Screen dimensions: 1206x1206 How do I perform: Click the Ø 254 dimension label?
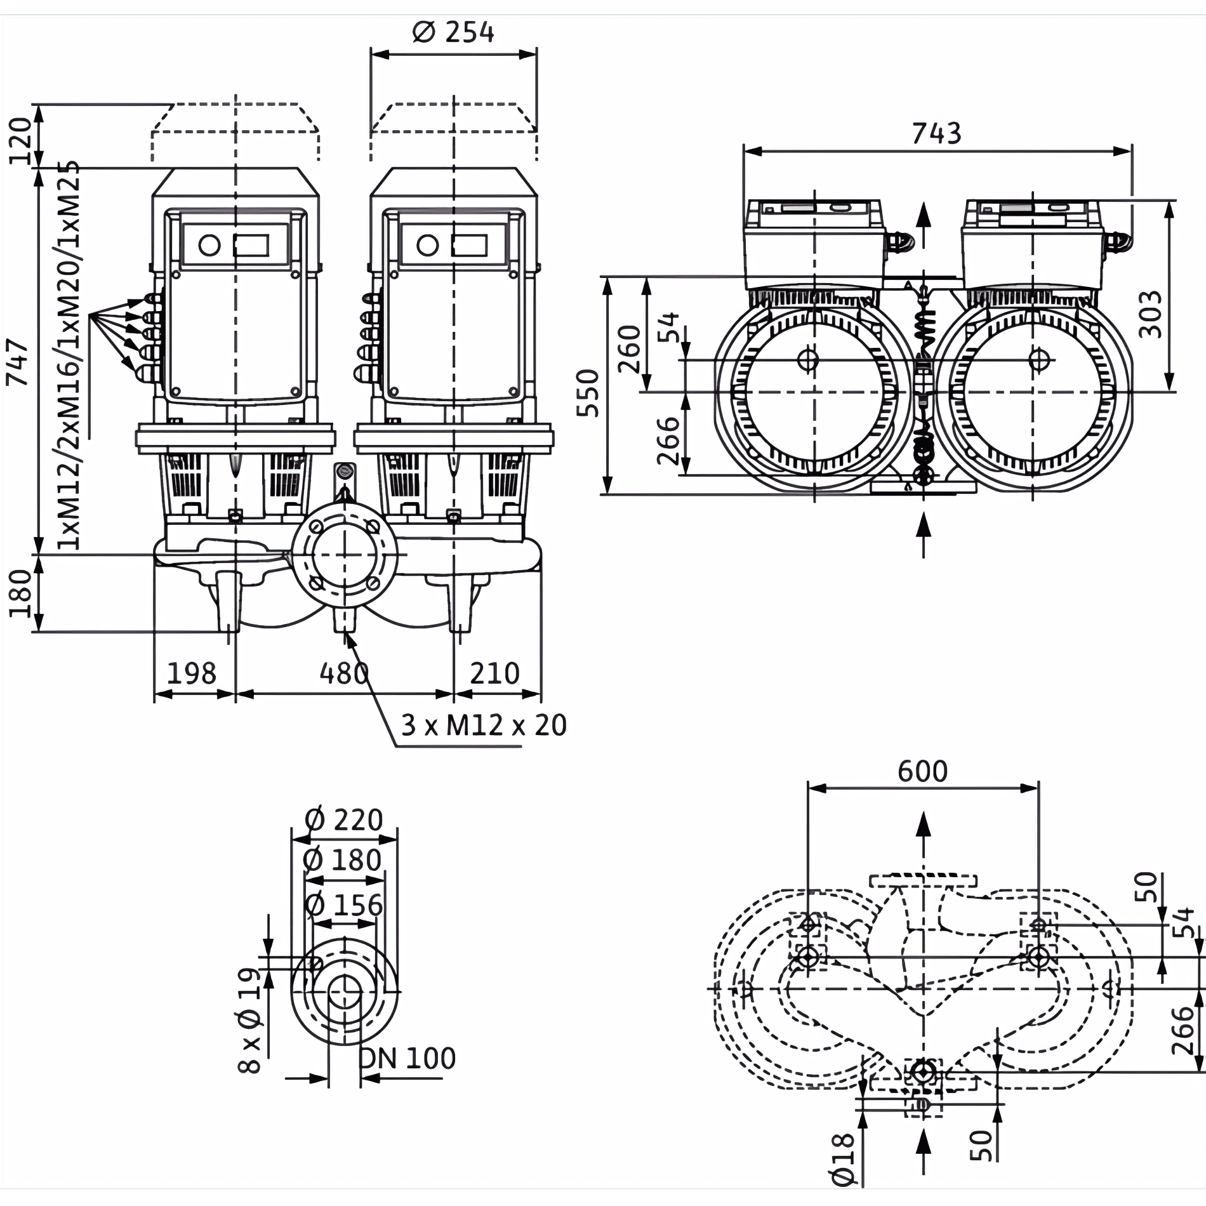point(453,32)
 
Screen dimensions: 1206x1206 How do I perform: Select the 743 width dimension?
point(936,134)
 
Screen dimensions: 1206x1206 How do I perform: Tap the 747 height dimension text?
point(18,362)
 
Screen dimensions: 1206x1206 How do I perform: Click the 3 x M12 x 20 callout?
point(483,725)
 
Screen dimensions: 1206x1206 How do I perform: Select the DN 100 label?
point(408,1058)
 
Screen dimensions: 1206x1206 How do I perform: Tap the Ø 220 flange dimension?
point(343,820)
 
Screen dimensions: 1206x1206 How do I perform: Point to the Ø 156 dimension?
point(343,905)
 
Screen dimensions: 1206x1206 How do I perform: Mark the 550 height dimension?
point(588,392)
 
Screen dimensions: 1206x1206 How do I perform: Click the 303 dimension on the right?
point(1150,314)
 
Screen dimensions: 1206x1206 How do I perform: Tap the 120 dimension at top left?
point(21,140)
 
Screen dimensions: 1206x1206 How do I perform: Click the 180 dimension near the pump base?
point(21,593)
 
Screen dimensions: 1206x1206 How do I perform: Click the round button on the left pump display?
point(209,245)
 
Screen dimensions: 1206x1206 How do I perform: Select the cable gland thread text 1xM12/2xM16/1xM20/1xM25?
point(69,355)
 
